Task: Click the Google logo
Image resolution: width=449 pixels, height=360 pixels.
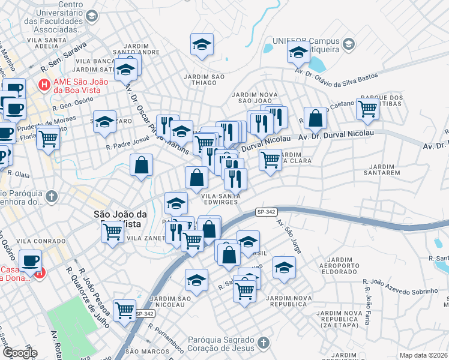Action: coord(19,353)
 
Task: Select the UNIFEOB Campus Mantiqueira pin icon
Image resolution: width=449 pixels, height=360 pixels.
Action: coord(348,44)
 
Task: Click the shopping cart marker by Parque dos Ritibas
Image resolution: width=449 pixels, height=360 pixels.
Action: coord(367,109)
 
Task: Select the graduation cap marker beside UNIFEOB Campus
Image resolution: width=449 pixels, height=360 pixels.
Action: coord(298,52)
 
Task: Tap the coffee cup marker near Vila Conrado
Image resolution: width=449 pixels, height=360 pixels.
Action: coord(30,261)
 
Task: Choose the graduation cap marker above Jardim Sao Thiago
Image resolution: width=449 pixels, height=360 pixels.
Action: coord(202,44)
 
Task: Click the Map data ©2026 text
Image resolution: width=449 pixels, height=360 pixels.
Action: coord(424,355)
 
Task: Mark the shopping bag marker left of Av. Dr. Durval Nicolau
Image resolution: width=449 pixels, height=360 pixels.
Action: coord(315,118)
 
